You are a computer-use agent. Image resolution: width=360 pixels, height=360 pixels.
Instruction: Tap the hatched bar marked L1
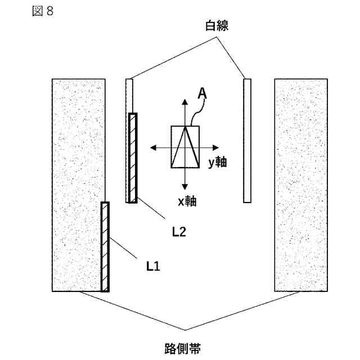point(105,246)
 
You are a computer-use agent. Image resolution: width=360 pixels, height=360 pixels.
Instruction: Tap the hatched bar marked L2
point(133,157)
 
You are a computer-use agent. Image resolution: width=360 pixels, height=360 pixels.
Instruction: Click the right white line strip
point(247,140)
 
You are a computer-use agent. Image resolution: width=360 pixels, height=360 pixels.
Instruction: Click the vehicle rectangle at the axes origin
point(185,147)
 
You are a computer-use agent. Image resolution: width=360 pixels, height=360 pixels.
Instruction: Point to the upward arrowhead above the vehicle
point(185,101)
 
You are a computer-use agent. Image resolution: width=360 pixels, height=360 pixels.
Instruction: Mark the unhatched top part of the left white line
point(129,96)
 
